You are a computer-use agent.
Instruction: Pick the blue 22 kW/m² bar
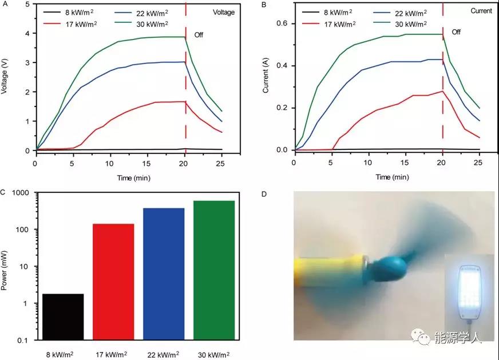click(x=164, y=274)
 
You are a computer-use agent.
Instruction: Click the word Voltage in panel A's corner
click(x=224, y=12)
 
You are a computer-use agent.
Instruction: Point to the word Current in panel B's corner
click(x=481, y=11)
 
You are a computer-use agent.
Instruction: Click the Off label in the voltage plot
click(x=199, y=35)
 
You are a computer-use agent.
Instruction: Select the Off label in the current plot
click(x=456, y=33)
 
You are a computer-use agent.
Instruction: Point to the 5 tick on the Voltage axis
click(x=29, y=5)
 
